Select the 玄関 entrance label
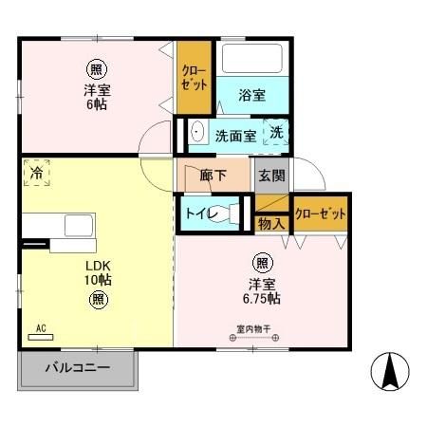click(270, 176)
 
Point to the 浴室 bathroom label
click(251, 95)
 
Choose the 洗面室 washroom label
click(235, 136)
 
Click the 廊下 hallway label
click(213, 176)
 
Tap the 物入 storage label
click(271, 224)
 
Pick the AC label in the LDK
click(41, 329)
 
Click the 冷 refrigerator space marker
click(37, 175)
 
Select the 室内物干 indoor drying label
click(253, 331)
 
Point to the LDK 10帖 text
click(98, 272)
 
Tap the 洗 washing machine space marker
click(275, 134)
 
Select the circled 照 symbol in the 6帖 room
click(94, 68)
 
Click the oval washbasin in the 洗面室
click(197, 132)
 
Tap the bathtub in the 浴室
click(251, 61)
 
